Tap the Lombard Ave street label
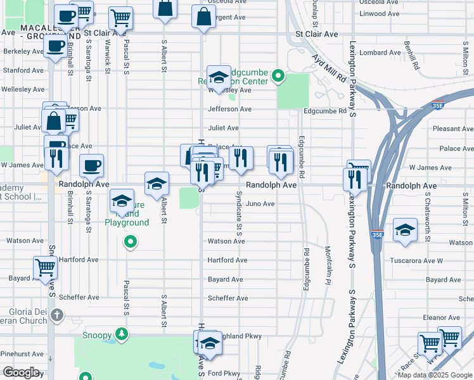(380, 53)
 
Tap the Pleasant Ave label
(452, 129)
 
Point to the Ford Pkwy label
(224, 373)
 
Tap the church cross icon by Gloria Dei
(56, 315)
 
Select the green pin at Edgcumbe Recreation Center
(278, 78)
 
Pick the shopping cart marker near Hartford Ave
(45, 267)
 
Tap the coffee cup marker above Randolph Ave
(92, 165)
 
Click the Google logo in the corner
(22, 372)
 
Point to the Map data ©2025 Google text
(435, 375)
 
